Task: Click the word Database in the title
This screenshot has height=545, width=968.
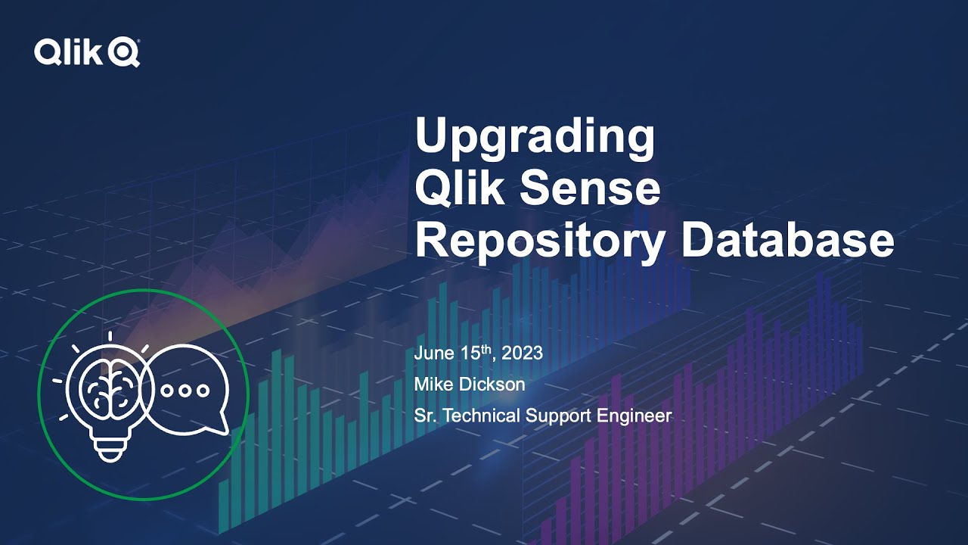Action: coord(787,241)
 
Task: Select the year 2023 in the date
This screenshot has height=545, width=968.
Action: coord(522,353)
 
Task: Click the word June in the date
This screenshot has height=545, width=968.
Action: coord(433,353)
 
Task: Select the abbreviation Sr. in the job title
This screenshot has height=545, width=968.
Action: coord(424,416)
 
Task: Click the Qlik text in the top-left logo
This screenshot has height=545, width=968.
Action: coord(67,53)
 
